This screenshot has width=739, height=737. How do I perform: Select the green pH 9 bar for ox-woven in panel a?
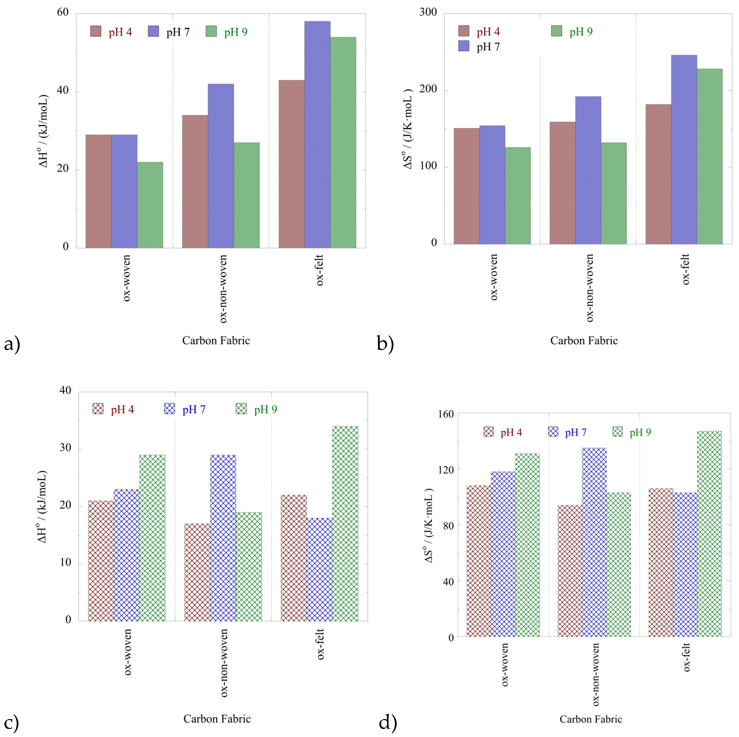pyautogui.click(x=150, y=205)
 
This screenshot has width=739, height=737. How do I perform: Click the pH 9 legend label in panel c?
pyautogui.click(x=266, y=409)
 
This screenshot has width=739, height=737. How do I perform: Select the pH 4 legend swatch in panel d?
pyautogui.click(x=488, y=432)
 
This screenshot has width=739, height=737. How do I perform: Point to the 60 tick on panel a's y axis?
pyautogui.click(x=63, y=12)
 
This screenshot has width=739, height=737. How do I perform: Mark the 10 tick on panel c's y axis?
pyautogui.click(x=66, y=562)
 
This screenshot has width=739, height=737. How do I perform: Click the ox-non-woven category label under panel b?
pyautogui.click(x=590, y=288)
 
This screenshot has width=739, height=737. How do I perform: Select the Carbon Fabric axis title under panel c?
pyautogui.click(x=217, y=719)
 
